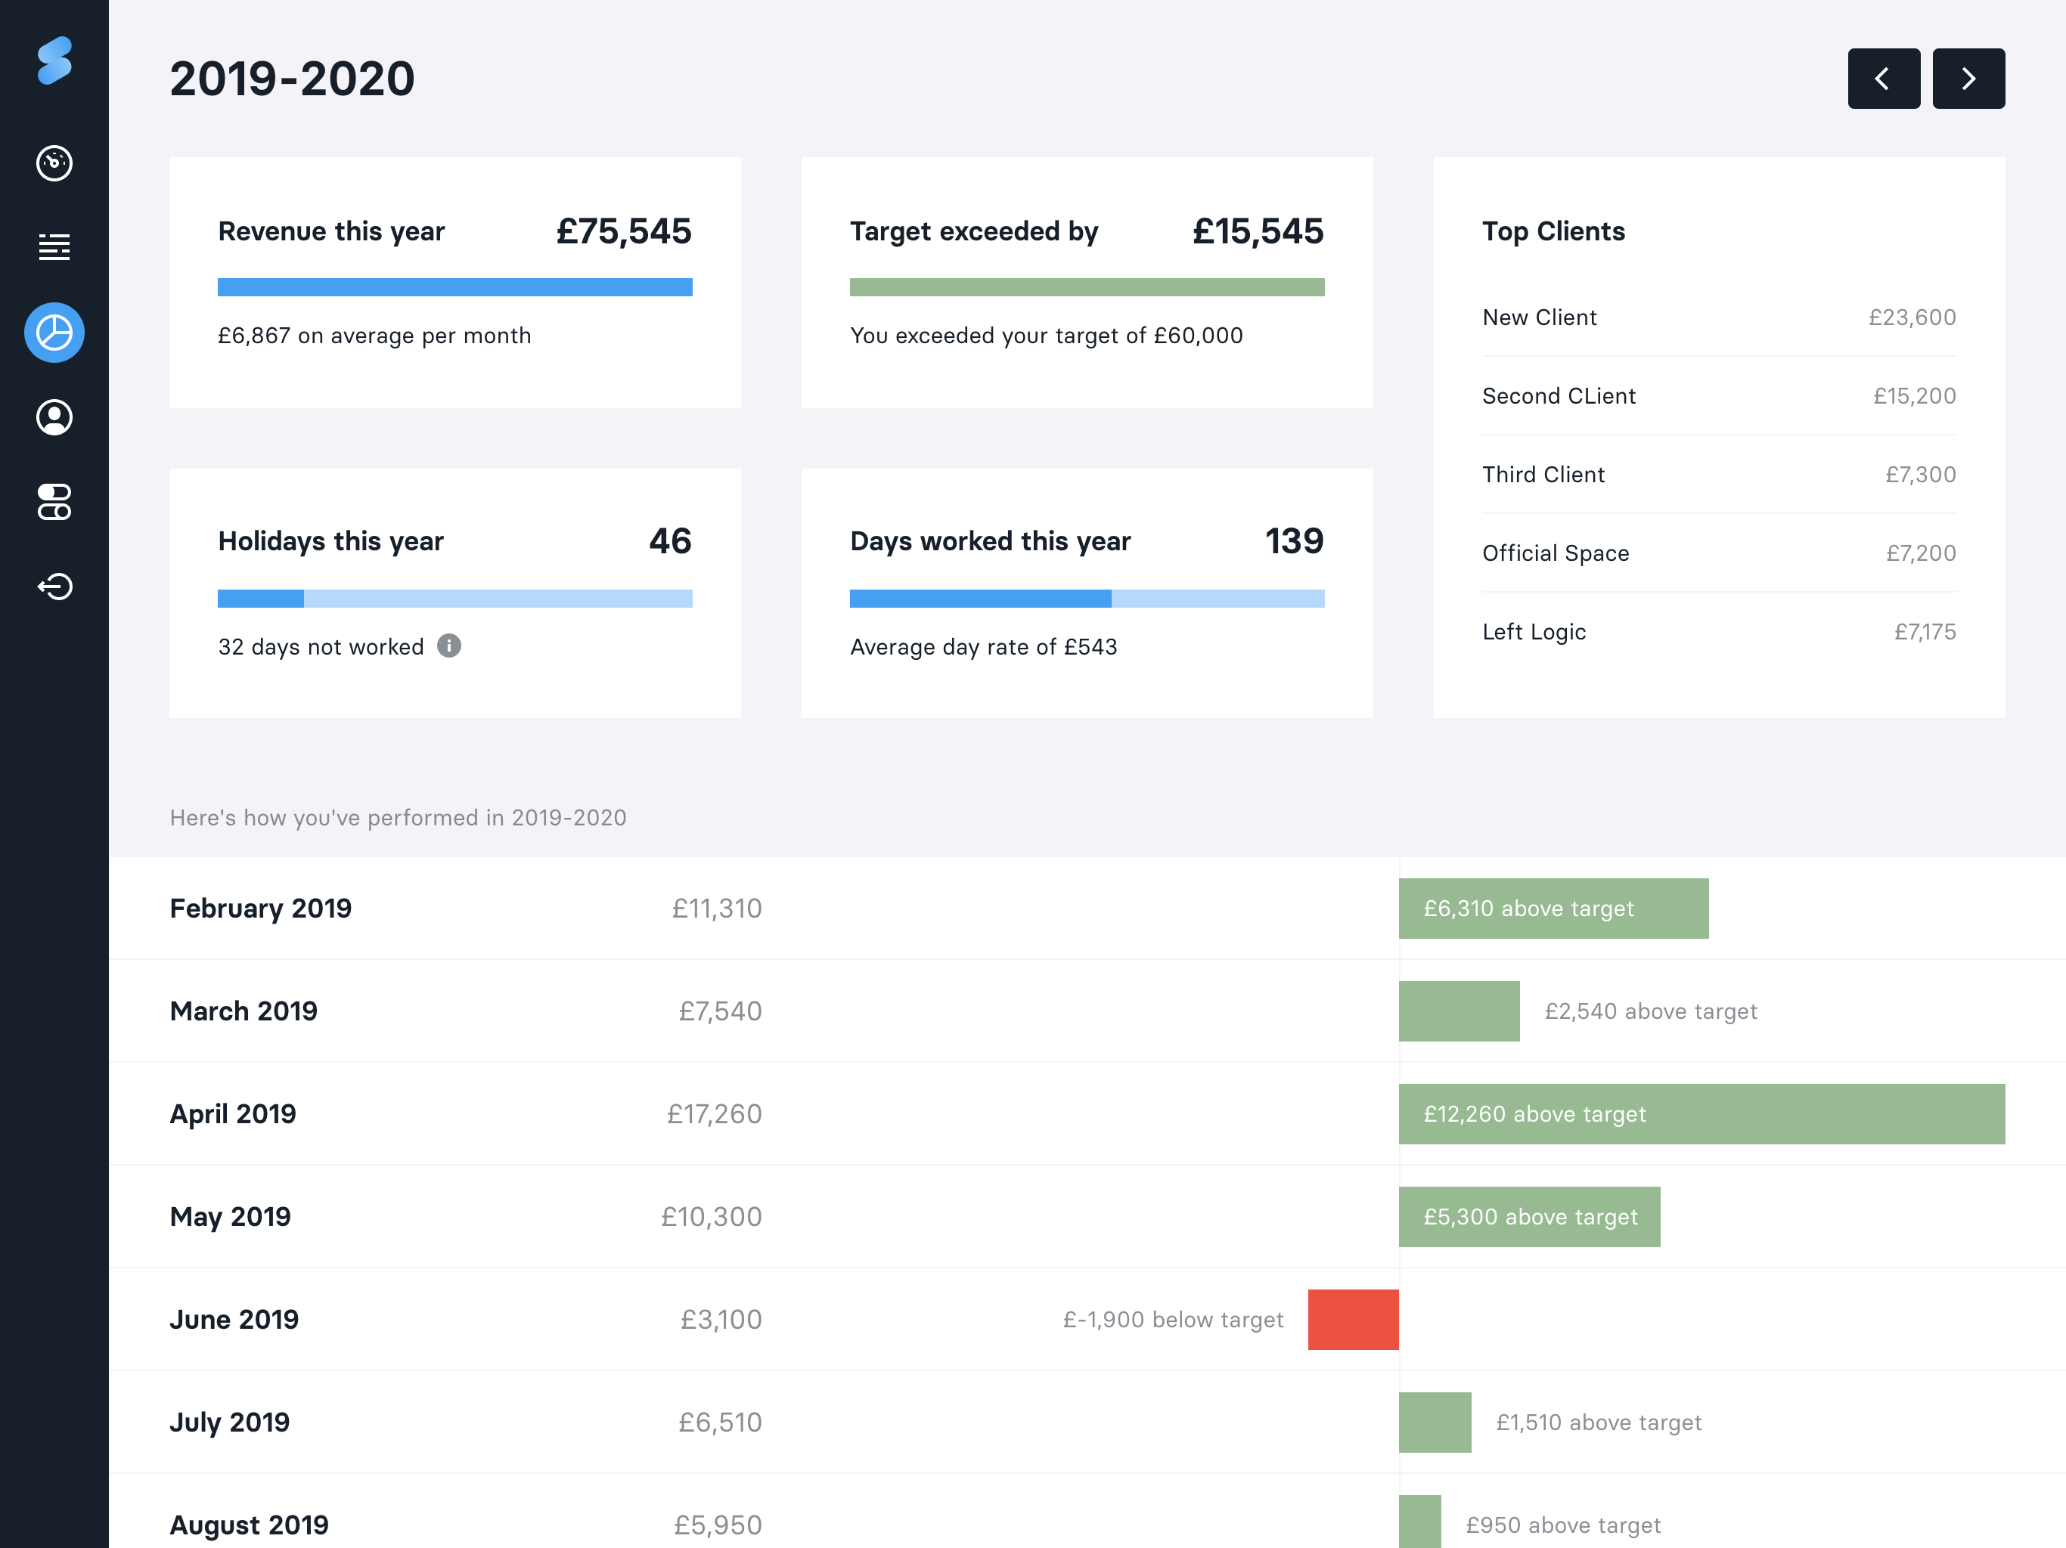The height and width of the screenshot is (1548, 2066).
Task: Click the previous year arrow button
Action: click(x=1883, y=79)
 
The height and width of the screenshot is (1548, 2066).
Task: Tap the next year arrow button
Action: click(x=1968, y=79)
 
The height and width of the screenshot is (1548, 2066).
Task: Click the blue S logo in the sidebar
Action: click(x=54, y=60)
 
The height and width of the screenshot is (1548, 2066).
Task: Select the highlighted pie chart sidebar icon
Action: click(x=54, y=333)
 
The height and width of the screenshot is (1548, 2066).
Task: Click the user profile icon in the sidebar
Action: click(x=54, y=417)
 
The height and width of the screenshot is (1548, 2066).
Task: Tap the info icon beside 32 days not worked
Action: click(x=449, y=646)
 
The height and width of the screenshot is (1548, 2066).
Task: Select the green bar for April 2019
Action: click(x=1702, y=1114)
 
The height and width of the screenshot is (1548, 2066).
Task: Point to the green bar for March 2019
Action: click(x=1459, y=1011)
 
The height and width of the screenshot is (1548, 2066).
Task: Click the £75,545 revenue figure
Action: click(x=624, y=231)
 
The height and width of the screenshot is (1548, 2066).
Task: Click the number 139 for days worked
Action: click(x=1295, y=541)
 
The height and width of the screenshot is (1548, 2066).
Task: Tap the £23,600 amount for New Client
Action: click(x=1912, y=317)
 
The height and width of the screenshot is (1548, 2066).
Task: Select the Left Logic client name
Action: click(x=1534, y=632)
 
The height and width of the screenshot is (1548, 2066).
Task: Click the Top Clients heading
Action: click(x=1553, y=231)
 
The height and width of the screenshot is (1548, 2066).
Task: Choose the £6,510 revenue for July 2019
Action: click(x=719, y=1422)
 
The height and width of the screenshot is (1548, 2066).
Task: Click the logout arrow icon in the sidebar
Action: click(x=54, y=587)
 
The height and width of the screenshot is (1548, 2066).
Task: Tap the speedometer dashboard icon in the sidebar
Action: click(x=54, y=163)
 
